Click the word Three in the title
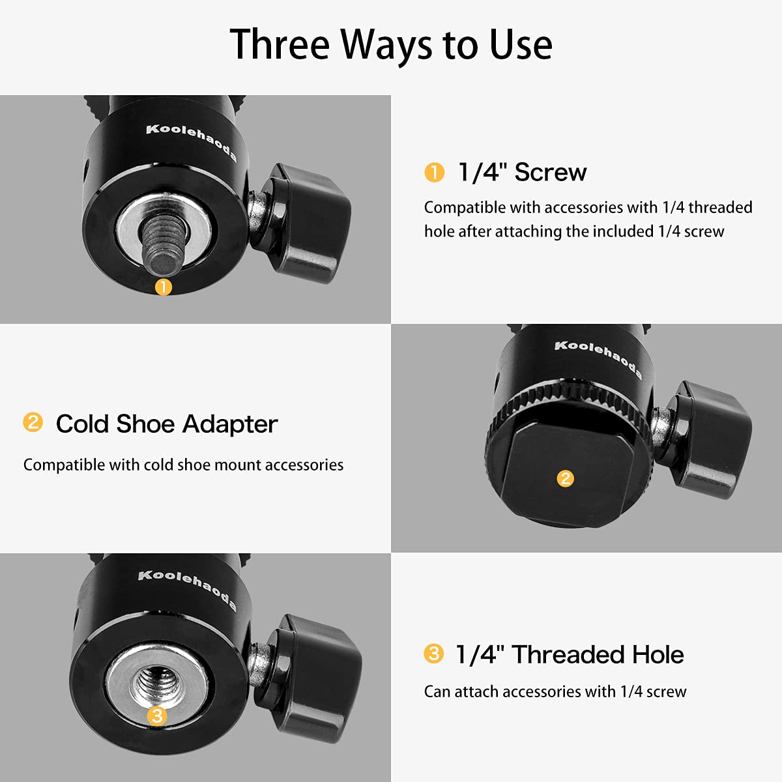click(281, 44)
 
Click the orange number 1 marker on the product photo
click(164, 286)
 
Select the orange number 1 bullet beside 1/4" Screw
click(434, 173)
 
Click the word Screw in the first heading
click(550, 173)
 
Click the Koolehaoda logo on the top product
click(191, 142)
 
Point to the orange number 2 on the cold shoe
click(565, 479)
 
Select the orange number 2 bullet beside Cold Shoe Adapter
click(33, 422)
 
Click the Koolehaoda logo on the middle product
click(598, 358)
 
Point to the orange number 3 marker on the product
click(156, 716)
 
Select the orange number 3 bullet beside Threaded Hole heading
click(433, 654)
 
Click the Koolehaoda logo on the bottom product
click(186, 590)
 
